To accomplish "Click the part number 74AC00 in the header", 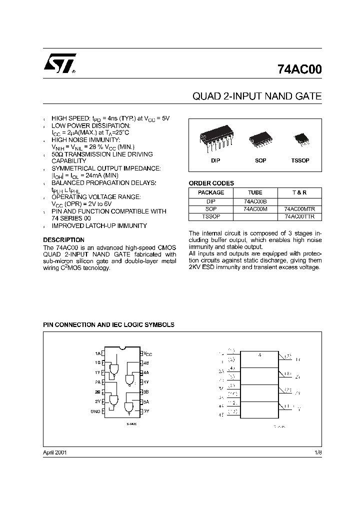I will point(299,70).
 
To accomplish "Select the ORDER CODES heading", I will point(211,183).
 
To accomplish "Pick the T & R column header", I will point(300,192).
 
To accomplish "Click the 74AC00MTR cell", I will point(300,209).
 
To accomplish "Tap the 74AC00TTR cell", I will point(300,217).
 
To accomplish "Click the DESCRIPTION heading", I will point(64,240).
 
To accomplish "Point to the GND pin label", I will point(95,411).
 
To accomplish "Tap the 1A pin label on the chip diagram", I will point(97,353).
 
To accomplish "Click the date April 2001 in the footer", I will point(55,452).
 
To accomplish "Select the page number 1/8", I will point(318,452).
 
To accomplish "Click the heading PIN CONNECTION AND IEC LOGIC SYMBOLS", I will point(109,324).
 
